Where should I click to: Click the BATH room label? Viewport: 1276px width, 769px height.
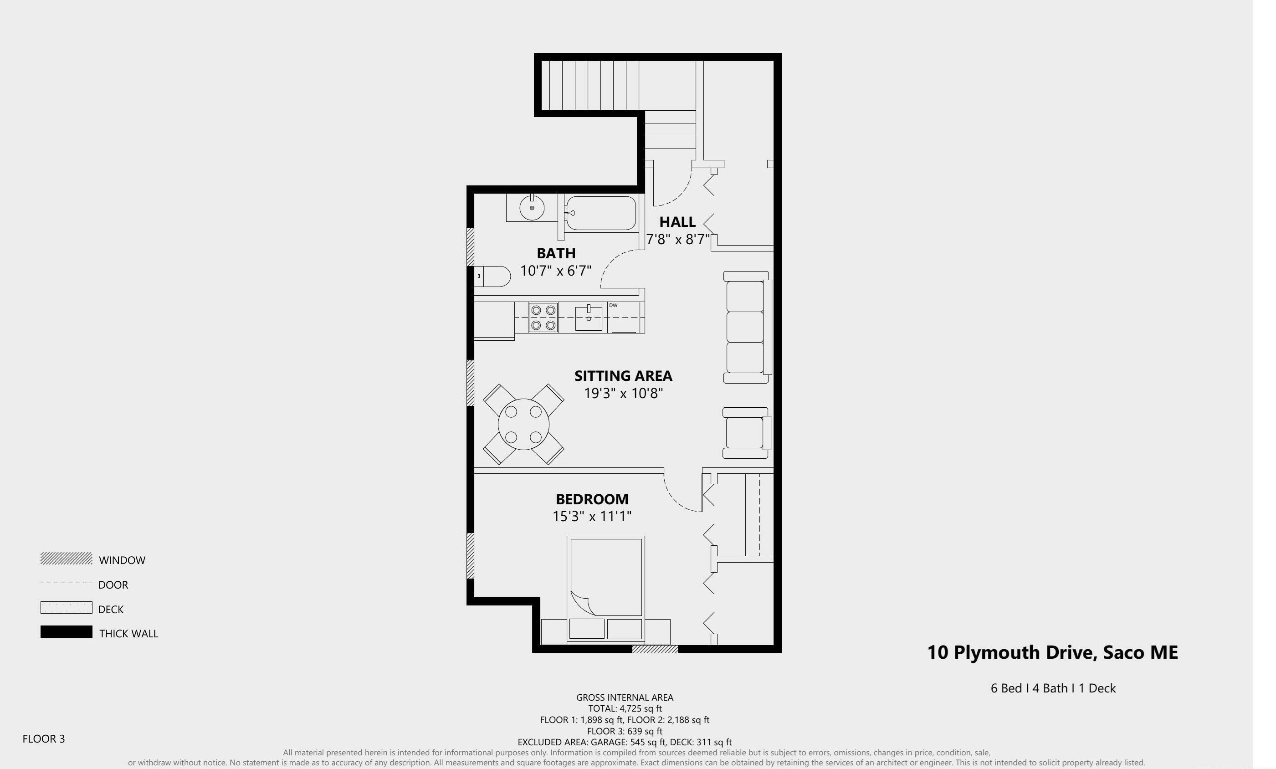[556, 253]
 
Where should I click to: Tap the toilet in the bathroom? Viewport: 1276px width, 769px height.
[493, 277]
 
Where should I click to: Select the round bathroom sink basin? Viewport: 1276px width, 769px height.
[532, 208]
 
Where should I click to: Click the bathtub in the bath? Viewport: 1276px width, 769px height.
[601, 213]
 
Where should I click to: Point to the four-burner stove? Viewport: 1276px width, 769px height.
[543, 318]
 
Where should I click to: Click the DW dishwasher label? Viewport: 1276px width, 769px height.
[613, 306]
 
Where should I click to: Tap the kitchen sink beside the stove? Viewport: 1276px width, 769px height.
[589, 318]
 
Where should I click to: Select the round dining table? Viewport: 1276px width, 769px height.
[523, 424]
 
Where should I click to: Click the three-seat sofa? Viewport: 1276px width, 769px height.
[746, 327]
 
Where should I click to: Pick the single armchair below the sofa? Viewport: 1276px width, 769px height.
[746, 433]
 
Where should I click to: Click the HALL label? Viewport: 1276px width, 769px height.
[677, 222]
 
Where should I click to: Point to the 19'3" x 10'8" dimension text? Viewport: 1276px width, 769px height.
[624, 394]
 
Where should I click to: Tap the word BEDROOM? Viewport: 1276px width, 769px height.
[592, 499]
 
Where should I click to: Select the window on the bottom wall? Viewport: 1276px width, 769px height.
[655, 649]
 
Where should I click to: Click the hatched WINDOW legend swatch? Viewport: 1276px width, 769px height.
[67, 559]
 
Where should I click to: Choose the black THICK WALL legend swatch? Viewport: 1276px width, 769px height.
[67, 632]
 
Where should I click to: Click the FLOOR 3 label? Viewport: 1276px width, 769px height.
[43, 739]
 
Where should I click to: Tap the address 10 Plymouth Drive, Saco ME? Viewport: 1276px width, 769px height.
[1052, 652]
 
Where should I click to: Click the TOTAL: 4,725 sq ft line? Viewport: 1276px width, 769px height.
[625, 708]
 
